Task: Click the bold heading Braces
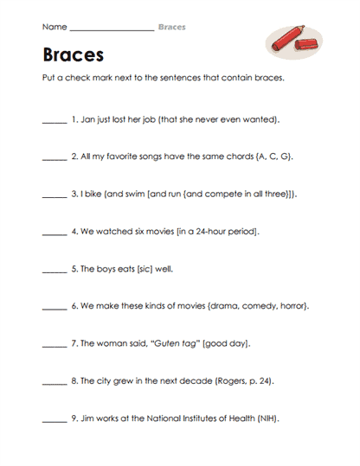point(73,54)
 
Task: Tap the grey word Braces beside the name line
point(171,27)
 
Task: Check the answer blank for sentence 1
point(54,122)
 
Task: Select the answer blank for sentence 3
point(54,196)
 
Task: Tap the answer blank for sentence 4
point(54,233)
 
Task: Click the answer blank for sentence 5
point(54,271)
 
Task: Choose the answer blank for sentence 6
point(54,308)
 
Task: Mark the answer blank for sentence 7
point(54,345)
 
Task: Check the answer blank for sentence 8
point(54,382)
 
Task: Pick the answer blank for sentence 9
point(54,419)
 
